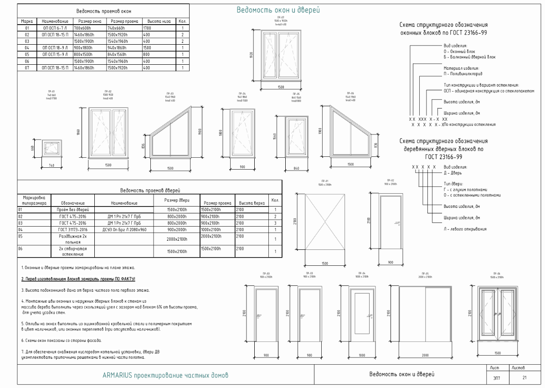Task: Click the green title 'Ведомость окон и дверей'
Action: coord(278,10)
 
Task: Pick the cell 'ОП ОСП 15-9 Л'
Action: coord(55,54)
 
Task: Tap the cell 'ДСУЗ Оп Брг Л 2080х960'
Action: coord(124,230)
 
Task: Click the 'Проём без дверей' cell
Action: coord(72,210)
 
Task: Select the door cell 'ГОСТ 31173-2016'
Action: coord(72,230)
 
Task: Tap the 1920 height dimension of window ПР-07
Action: coord(251,55)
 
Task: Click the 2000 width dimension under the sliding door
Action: coord(425,354)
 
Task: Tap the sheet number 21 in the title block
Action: coord(524,378)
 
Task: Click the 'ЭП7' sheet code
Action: coord(496,378)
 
